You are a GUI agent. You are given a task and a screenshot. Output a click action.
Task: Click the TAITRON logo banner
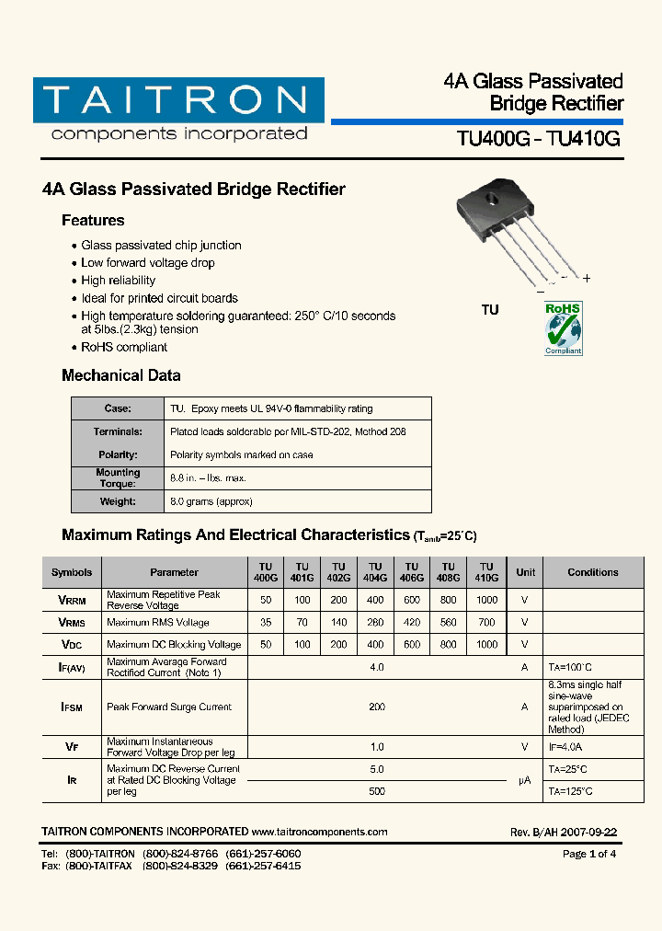click(178, 101)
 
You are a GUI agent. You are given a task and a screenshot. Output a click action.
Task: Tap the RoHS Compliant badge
click(564, 328)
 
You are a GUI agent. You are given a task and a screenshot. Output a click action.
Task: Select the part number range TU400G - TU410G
click(539, 139)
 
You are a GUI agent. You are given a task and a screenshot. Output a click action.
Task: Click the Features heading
click(93, 221)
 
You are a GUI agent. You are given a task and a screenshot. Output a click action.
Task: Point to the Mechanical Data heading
click(120, 375)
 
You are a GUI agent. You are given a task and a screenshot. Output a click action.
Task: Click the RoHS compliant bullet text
click(124, 347)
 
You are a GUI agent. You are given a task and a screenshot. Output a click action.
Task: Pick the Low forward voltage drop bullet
click(148, 263)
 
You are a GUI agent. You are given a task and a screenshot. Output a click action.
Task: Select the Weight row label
click(118, 501)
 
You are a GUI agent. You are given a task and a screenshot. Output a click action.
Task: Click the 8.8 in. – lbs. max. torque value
click(209, 478)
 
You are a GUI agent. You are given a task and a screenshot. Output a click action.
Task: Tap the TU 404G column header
click(375, 572)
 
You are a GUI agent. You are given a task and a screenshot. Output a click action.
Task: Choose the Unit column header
click(525, 572)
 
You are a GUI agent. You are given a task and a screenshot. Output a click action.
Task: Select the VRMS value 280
click(375, 623)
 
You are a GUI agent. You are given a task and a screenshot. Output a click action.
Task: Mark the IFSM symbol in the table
click(72, 707)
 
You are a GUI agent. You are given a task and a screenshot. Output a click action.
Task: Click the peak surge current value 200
click(376, 707)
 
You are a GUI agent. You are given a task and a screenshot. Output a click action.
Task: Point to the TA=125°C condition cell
click(571, 791)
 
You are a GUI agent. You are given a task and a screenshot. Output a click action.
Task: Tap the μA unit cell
click(524, 780)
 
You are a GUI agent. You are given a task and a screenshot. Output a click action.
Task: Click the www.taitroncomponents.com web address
click(319, 832)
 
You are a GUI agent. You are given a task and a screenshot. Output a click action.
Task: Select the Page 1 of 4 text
click(589, 854)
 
